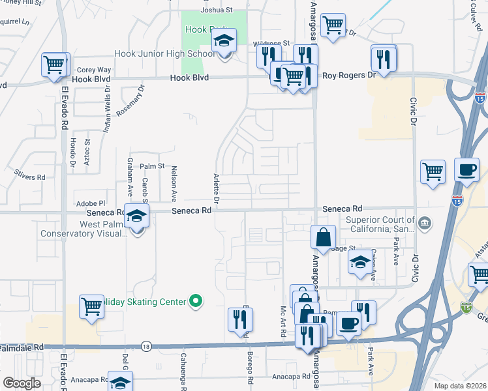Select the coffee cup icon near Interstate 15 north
(x=466, y=169)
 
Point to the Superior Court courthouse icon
(x=425, y=224)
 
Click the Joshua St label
(x=217, y=10)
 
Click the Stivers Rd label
(x=32, y=177)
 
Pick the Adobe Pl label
(x=90, y=203)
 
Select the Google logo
(x=22, y=383)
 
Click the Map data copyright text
(x=459, y=386)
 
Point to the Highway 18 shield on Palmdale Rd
(x=145, y=347)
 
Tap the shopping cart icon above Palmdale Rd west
(x=91, y=306)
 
